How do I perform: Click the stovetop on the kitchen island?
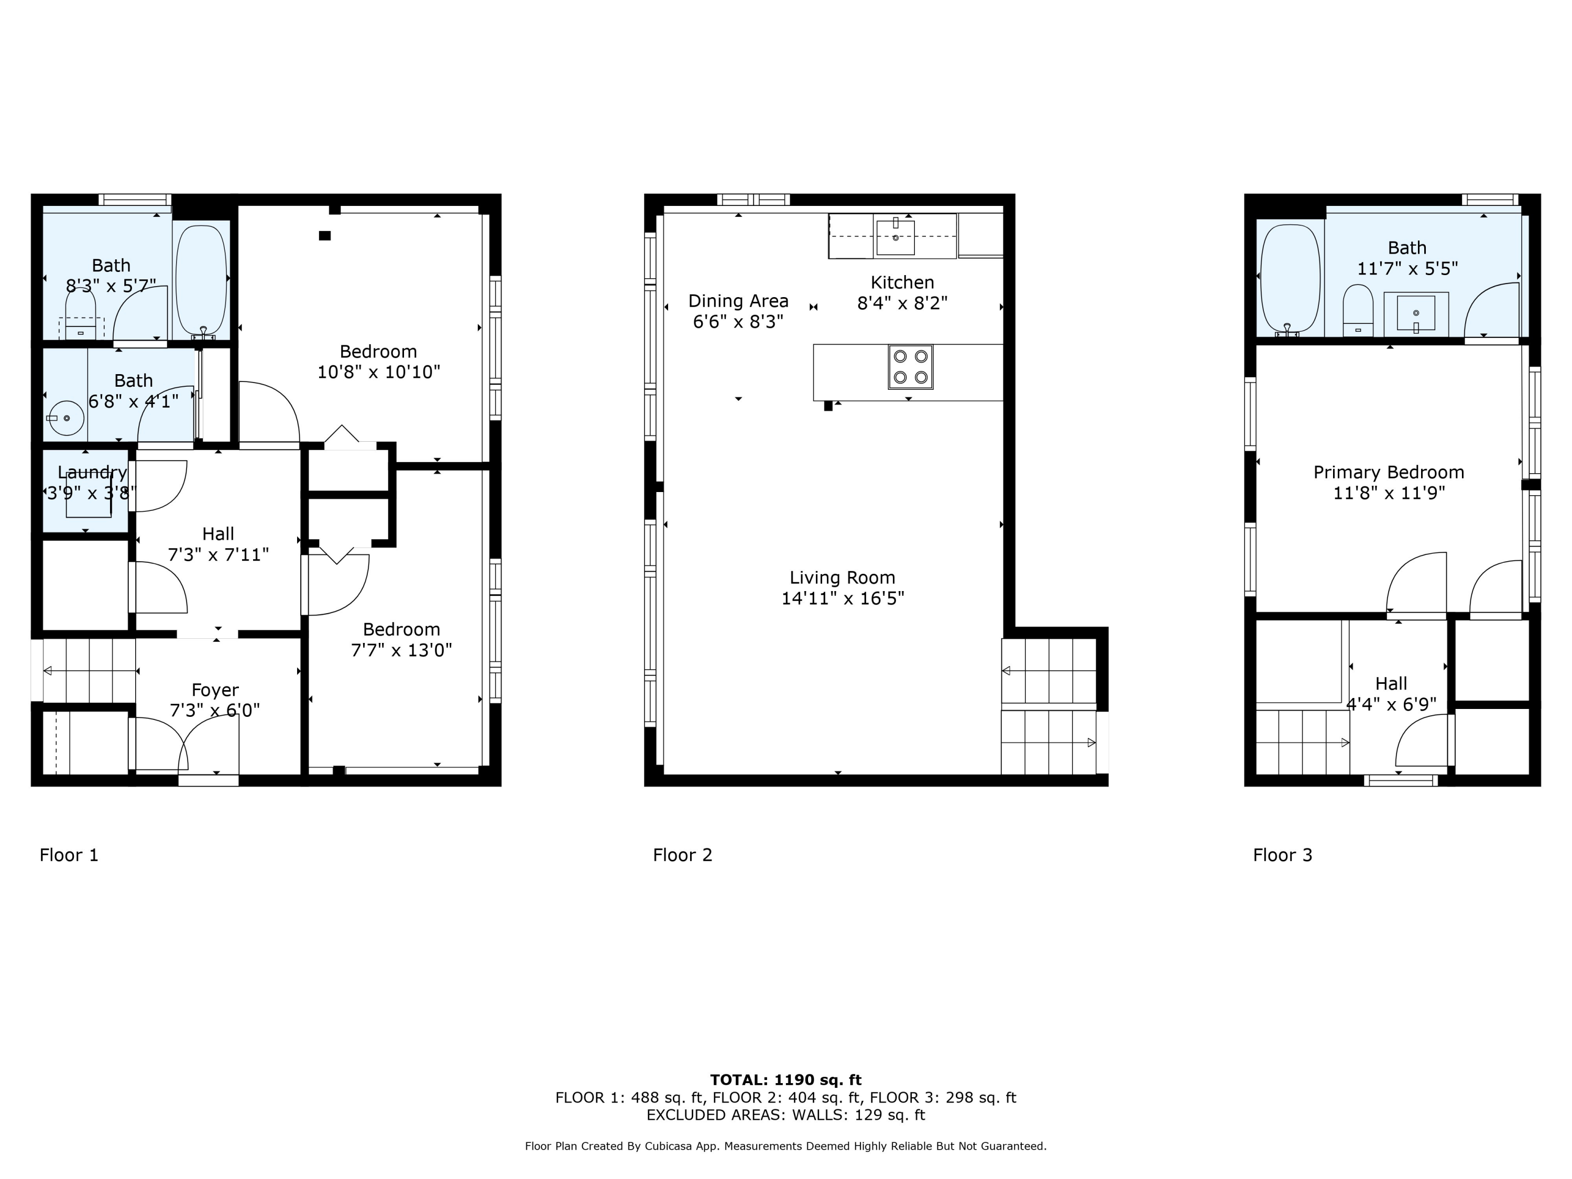[910, 367]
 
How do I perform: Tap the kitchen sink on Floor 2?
[895, 237]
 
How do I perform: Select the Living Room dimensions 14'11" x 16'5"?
[842, 598]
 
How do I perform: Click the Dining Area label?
[738, 301]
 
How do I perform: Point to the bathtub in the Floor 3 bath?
[1290, 279]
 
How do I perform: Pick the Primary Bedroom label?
[1388, 473]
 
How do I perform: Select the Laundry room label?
[92, 473]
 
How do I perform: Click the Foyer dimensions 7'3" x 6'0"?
[215, 710]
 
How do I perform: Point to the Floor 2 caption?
[682, 855]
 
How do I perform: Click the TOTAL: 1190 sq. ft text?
[785, 1080]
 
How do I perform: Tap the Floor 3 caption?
[1282, 855]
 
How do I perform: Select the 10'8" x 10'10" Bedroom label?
[378, 352]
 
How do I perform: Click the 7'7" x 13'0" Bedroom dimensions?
[401, 650]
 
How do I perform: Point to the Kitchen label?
[902, 282]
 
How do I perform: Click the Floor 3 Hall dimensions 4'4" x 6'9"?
[1391, 704]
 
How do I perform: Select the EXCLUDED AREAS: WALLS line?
[785, 1115]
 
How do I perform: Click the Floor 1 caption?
[69, 855]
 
